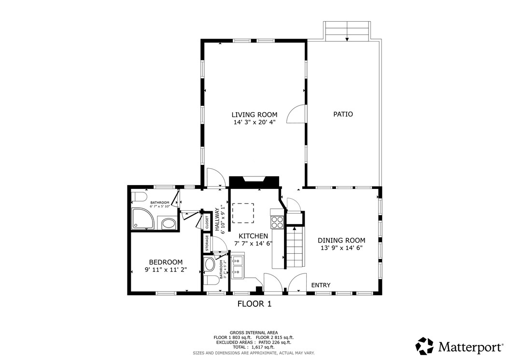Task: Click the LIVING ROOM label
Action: [254, 115]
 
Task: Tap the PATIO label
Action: [343, 115]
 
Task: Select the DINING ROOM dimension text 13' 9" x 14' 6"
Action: [341, 248]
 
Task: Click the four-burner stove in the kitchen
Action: [278, 222]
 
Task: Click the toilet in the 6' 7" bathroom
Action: [139, 197]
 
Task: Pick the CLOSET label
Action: [207, 222]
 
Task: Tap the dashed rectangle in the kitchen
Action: [243, 213]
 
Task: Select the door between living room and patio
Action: [297, 115]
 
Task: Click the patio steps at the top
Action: [347, 31]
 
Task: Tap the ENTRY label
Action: [321, 285]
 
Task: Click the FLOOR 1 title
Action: [254, 304]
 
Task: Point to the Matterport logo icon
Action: [425, 346]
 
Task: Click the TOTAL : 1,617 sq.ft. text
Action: [254, 347]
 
